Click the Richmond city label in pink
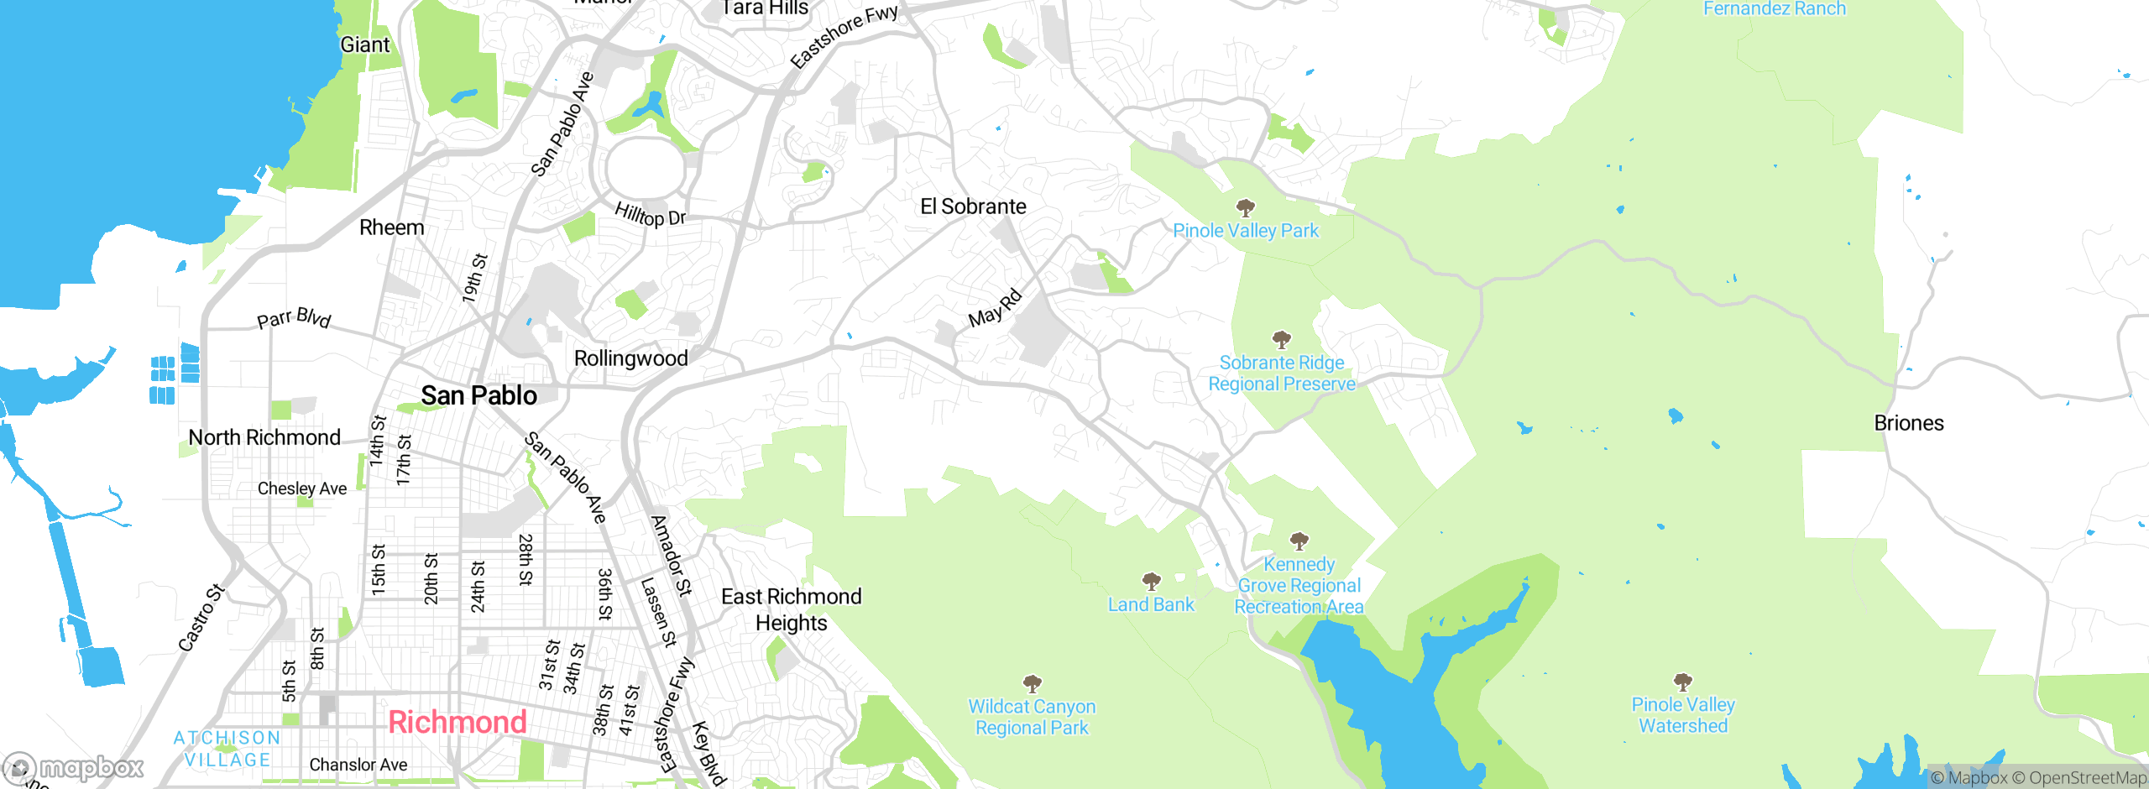tap(457, 722)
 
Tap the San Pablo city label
tap(478, 395)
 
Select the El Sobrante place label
tap(973, 206)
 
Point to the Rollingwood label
tap(630, 358)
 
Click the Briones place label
tap(1908, 423)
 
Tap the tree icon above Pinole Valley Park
tap(1246, 207)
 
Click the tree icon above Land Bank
tap(1151, 581)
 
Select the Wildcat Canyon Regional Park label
tap(1032, 718)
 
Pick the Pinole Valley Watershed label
tap(1682, 715)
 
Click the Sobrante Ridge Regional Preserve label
tap(1281, 374)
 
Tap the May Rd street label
tap(995, 308)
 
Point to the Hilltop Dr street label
tap(650, 215)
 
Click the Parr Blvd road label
tap(294, 318)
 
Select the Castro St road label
tap(201, 618)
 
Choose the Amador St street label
tap(672, 556)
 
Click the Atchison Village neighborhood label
tap(227, 748)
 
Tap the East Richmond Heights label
tap(791, 609)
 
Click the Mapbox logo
tap(73, 767)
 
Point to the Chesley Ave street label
tap(302, 489)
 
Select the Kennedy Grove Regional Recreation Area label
tap(1299, 585)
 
